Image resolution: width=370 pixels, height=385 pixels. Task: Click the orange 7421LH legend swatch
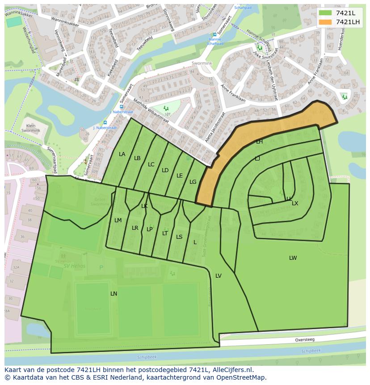tap(325, 22)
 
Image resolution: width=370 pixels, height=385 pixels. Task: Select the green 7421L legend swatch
tap(325, 13)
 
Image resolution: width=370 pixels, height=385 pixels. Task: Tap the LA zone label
tap(122, 154)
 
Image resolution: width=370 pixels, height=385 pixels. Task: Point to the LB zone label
tap(137, 158)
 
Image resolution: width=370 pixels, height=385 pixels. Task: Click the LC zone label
tap(151, 165)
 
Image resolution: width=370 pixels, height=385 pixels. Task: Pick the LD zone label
tap(165, 170)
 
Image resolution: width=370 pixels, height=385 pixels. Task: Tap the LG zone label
tap(193, 182)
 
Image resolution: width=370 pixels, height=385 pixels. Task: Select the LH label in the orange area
tap(259, 142)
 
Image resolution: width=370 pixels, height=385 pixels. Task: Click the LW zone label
tap(293, 258)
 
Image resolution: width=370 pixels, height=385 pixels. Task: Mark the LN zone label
tap(114, 294)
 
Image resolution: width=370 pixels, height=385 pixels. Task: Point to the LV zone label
tap(219, 276)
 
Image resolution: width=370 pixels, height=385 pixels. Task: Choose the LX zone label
tap(295, 203)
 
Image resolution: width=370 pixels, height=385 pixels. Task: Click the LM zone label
tap(118, 220)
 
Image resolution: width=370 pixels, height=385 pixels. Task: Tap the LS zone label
tap(179, 237)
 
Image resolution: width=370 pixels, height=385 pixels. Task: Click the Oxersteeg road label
tap(304, 340)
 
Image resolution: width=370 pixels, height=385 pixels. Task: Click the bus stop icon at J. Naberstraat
tap(105, 123)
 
